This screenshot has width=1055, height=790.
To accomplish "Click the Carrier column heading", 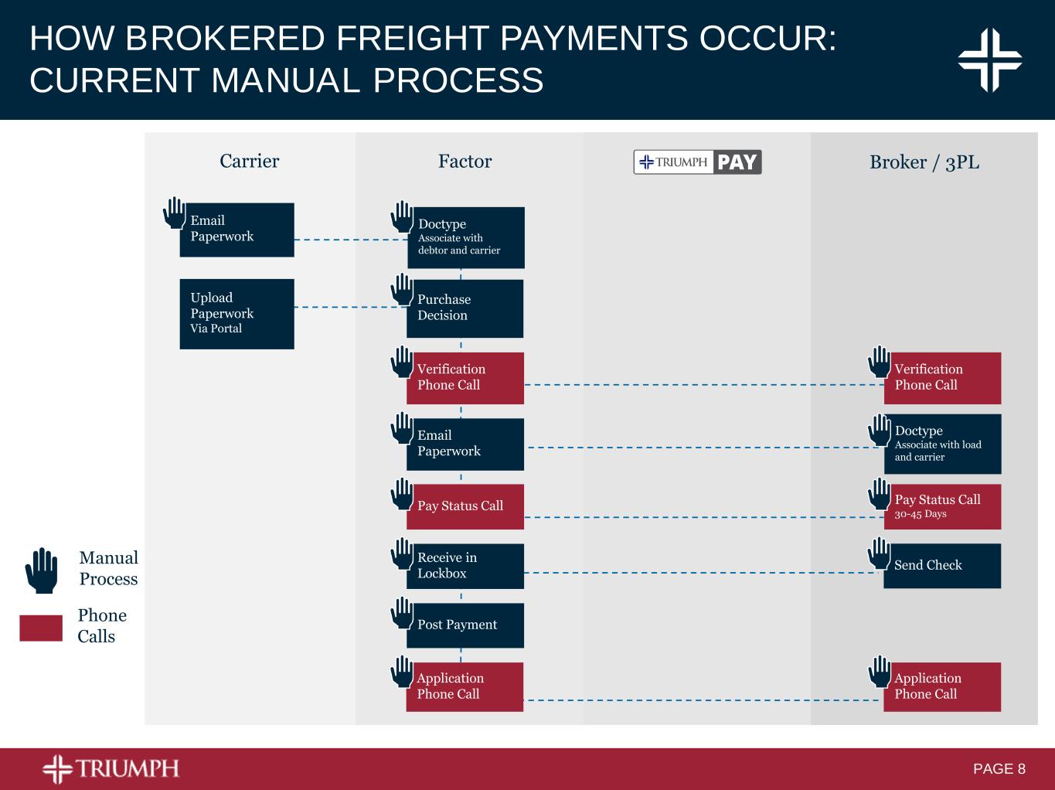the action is coord(249,161).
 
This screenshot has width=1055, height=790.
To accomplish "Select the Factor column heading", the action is coord(465,161).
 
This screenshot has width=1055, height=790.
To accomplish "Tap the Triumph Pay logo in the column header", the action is coord(697,162).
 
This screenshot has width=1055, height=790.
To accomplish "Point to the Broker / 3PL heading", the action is coord(924,162).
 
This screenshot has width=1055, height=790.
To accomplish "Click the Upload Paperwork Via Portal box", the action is coord(237,314).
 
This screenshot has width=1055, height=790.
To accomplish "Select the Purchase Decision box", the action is coord(465,308).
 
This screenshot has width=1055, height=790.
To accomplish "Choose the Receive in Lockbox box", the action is coord(465,566).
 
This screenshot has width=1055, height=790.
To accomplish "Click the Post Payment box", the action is coord(465,625).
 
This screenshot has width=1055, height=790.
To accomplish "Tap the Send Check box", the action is coord(942,566).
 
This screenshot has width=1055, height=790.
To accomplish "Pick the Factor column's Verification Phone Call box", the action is coord(465,378).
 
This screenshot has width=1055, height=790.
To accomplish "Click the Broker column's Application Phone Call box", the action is coord(942,686).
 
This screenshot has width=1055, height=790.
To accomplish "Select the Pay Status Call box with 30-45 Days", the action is coord(942,506).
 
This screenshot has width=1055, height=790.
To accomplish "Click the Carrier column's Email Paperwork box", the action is coord(237,230).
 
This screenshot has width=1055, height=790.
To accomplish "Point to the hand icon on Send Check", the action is coord(879,553).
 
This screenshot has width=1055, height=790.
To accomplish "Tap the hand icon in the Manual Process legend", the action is coord(41,570).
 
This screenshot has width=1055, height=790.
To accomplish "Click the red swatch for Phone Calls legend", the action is coord(41,628).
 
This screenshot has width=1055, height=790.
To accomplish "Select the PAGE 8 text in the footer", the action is coord(999,769).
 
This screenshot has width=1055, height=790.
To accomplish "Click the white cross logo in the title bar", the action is coord(990,60).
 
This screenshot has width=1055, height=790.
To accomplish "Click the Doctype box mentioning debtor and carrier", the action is coord(466,237).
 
